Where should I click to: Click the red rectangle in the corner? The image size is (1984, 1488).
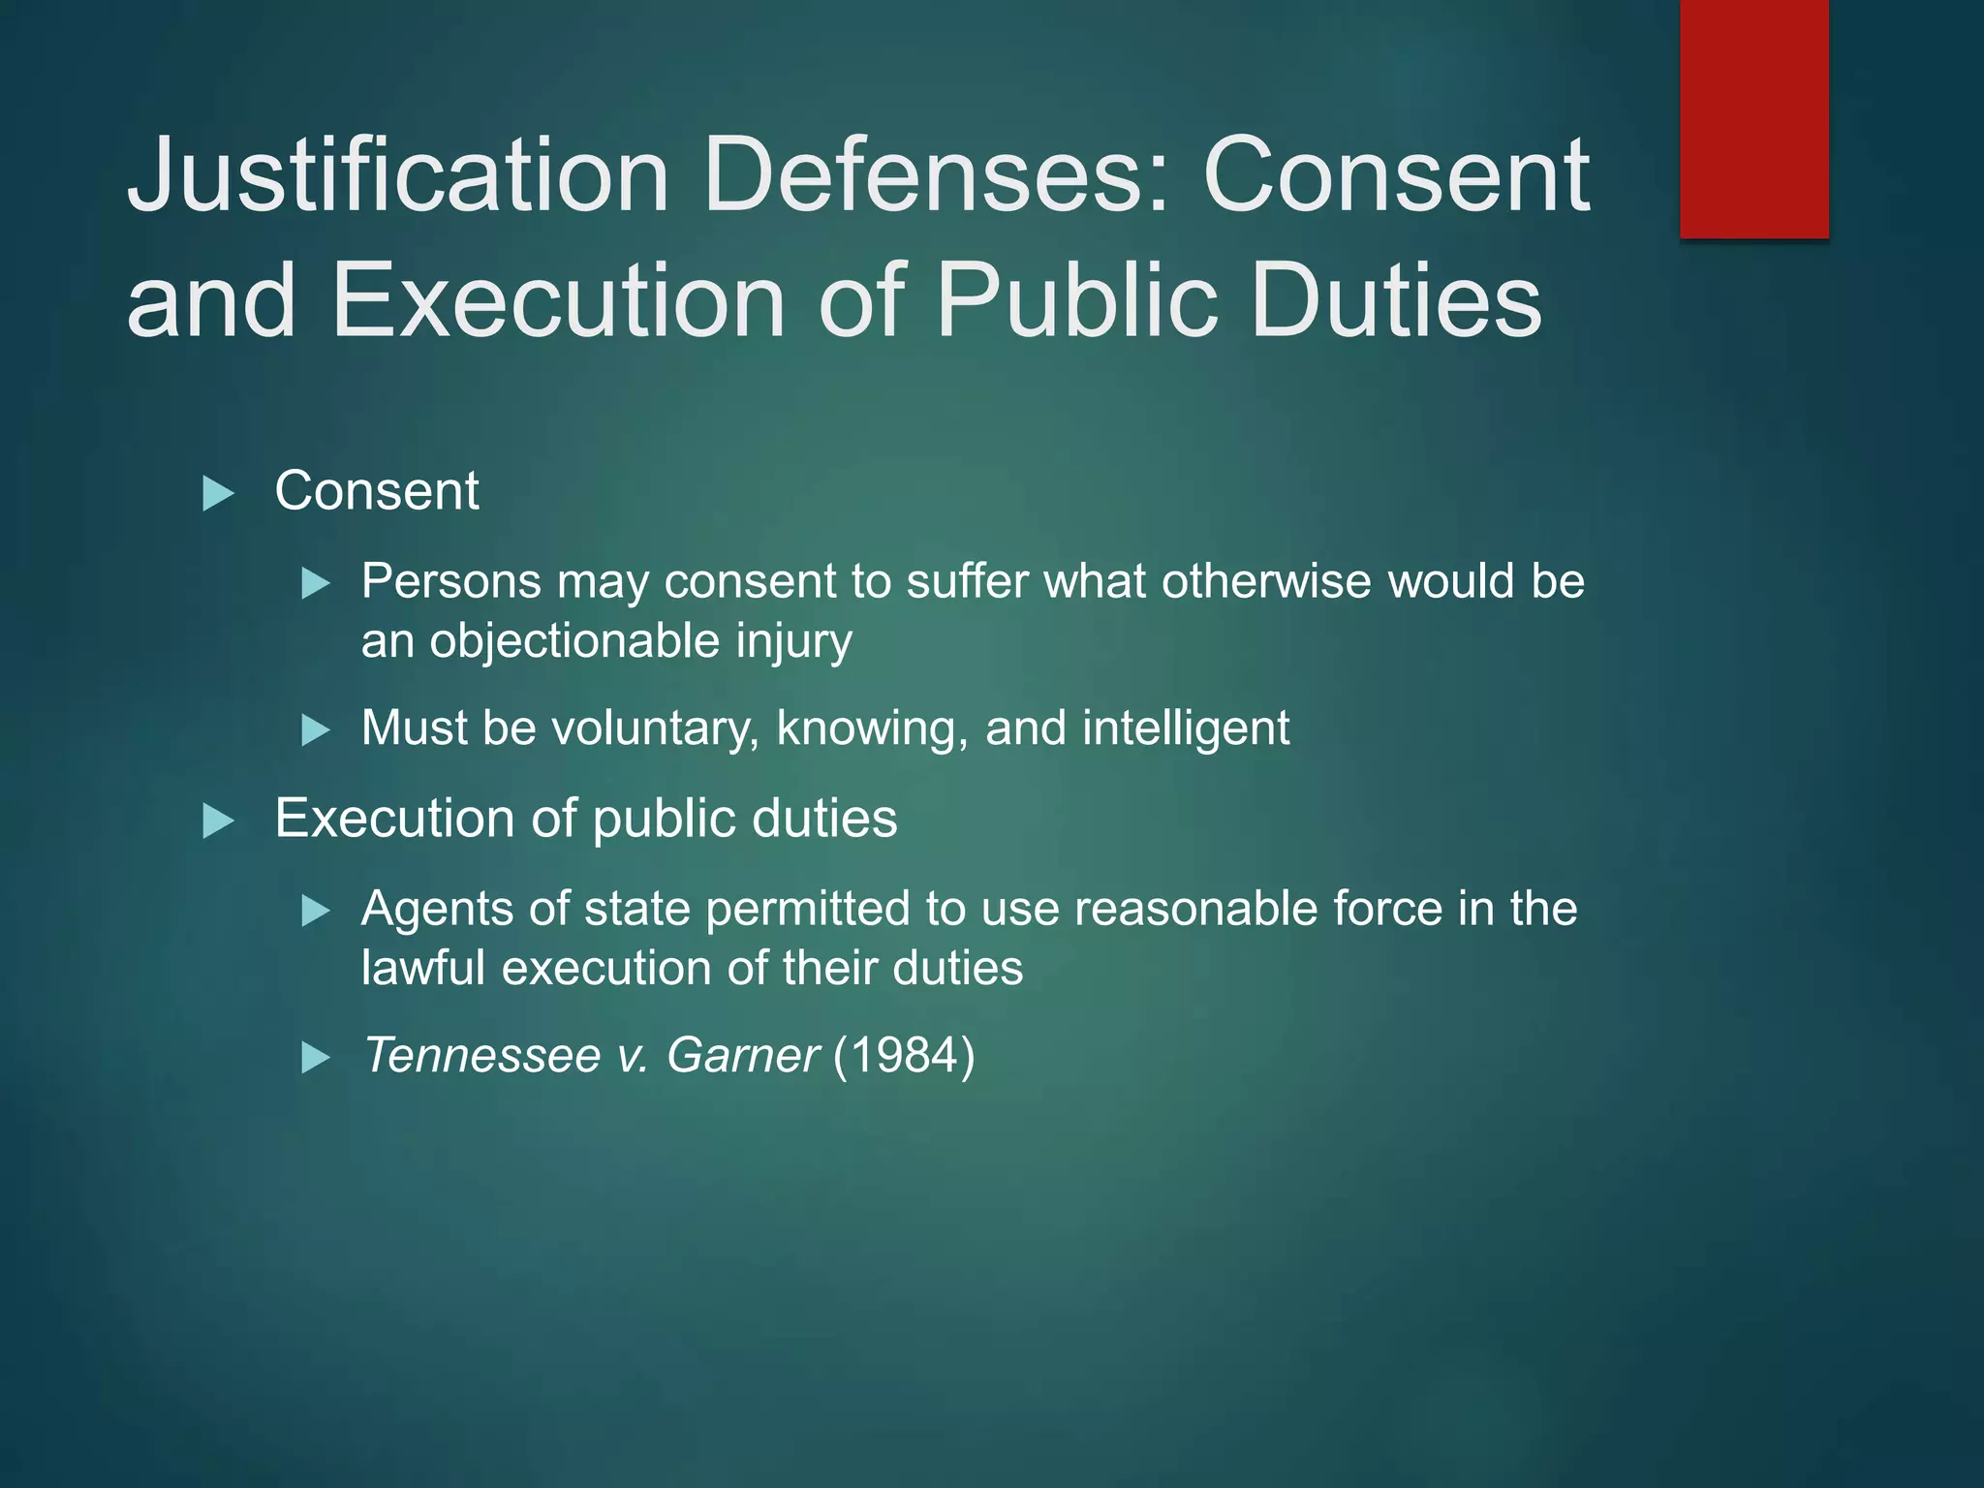pos(1753,118)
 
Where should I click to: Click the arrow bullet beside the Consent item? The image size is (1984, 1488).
pos(219,494)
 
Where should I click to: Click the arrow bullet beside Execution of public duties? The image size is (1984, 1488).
pos(219,821)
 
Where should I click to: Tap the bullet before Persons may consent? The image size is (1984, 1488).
pos(316,584)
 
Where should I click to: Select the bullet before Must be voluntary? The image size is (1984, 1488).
pos(316,730)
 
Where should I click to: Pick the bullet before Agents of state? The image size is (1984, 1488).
pos(316,912)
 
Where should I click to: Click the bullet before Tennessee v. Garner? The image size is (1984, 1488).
pos(316,1058)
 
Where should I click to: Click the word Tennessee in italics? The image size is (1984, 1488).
pos(481,1055)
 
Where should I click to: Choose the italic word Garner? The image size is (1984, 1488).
pos(743,1055)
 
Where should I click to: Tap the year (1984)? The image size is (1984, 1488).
pos(904,1055)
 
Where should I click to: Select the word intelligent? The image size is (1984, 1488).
pos(1186,728)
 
